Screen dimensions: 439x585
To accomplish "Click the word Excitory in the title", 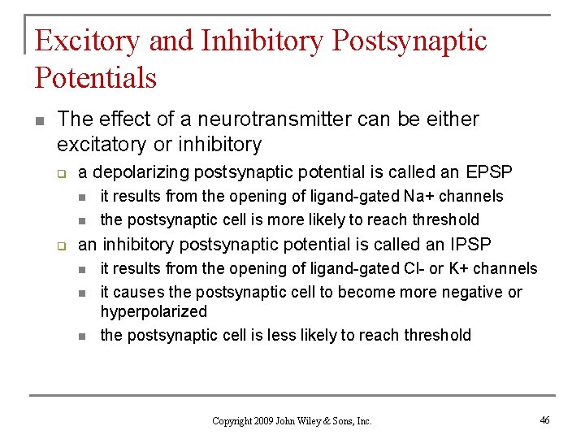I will pyautogui.click(x=88, y=41).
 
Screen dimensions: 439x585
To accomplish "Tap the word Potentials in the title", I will pyautogui.click(x=95, y=78).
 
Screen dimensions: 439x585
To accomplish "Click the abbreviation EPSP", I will pyautogui.click(x=489, y=172).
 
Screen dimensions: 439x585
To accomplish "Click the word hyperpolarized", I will pyautogui.click(x=154, y=311).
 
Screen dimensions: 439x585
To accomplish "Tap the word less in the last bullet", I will pyautogui.click(x=282, y=335).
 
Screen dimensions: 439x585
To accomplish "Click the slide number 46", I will pyautogui.click(x=544, y=419).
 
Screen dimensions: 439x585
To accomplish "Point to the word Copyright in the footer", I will pyautogui.click(x=231, y=421).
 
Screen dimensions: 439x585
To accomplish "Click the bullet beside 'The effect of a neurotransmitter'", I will pyautogui.click(x=40, y=120).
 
